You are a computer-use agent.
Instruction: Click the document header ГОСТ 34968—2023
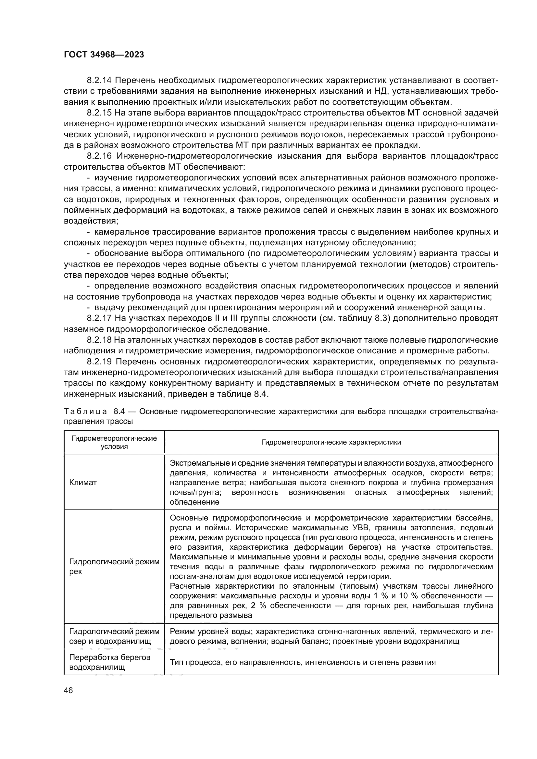pos(104,55)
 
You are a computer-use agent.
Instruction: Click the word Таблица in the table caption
pos(86,411)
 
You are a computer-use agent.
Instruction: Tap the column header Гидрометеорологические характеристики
pos(331,442)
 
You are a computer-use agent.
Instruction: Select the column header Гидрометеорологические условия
pos(114,442)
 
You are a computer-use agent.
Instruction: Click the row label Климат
pos(83,483)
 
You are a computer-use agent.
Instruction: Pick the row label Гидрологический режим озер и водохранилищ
pos(114,636)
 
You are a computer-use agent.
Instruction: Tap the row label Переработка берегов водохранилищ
pos(110,663)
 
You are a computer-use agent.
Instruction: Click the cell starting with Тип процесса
pos(303,663)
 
